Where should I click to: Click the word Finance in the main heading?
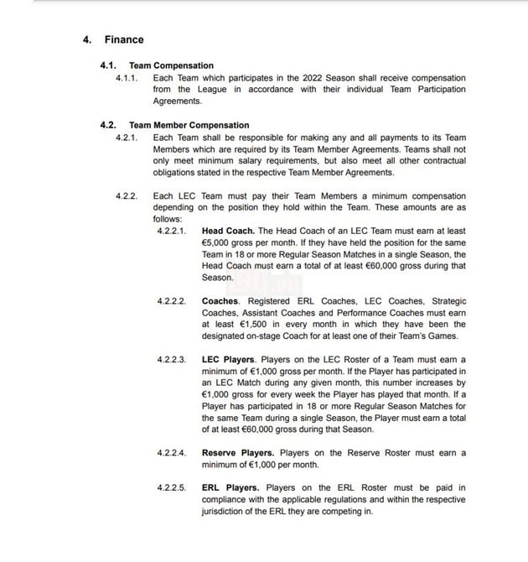[x=124, y=39]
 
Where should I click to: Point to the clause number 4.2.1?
[x=129, y=138]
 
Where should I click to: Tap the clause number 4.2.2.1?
[x=173, y=230]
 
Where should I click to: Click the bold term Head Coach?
[x=228, y=230]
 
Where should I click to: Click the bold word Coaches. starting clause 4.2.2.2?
[x=220, y=301]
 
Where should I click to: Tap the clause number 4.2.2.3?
[x=173, y=359]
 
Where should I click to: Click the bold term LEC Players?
[x=229, y=359]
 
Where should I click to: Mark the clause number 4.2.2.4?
[x=173, y=453]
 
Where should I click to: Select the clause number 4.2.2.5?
[x=173, y=487]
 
